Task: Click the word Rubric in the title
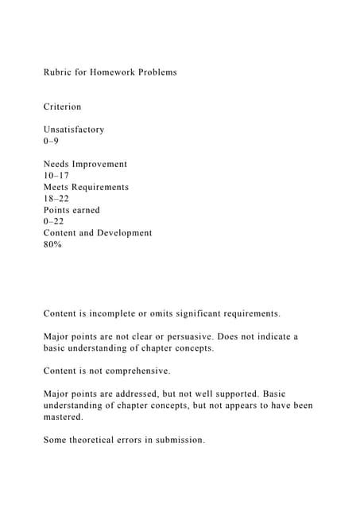(57, 72)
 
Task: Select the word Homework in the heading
(114, 72)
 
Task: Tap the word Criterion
(62, 107)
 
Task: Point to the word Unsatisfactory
(74, 130)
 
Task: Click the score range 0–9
(51, 141)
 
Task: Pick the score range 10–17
(56, 176)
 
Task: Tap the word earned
(85, 211)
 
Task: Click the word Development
(124, 234)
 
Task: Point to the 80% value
(52, 245)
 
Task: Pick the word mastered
(64, 418)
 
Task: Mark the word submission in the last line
(178, 441)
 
